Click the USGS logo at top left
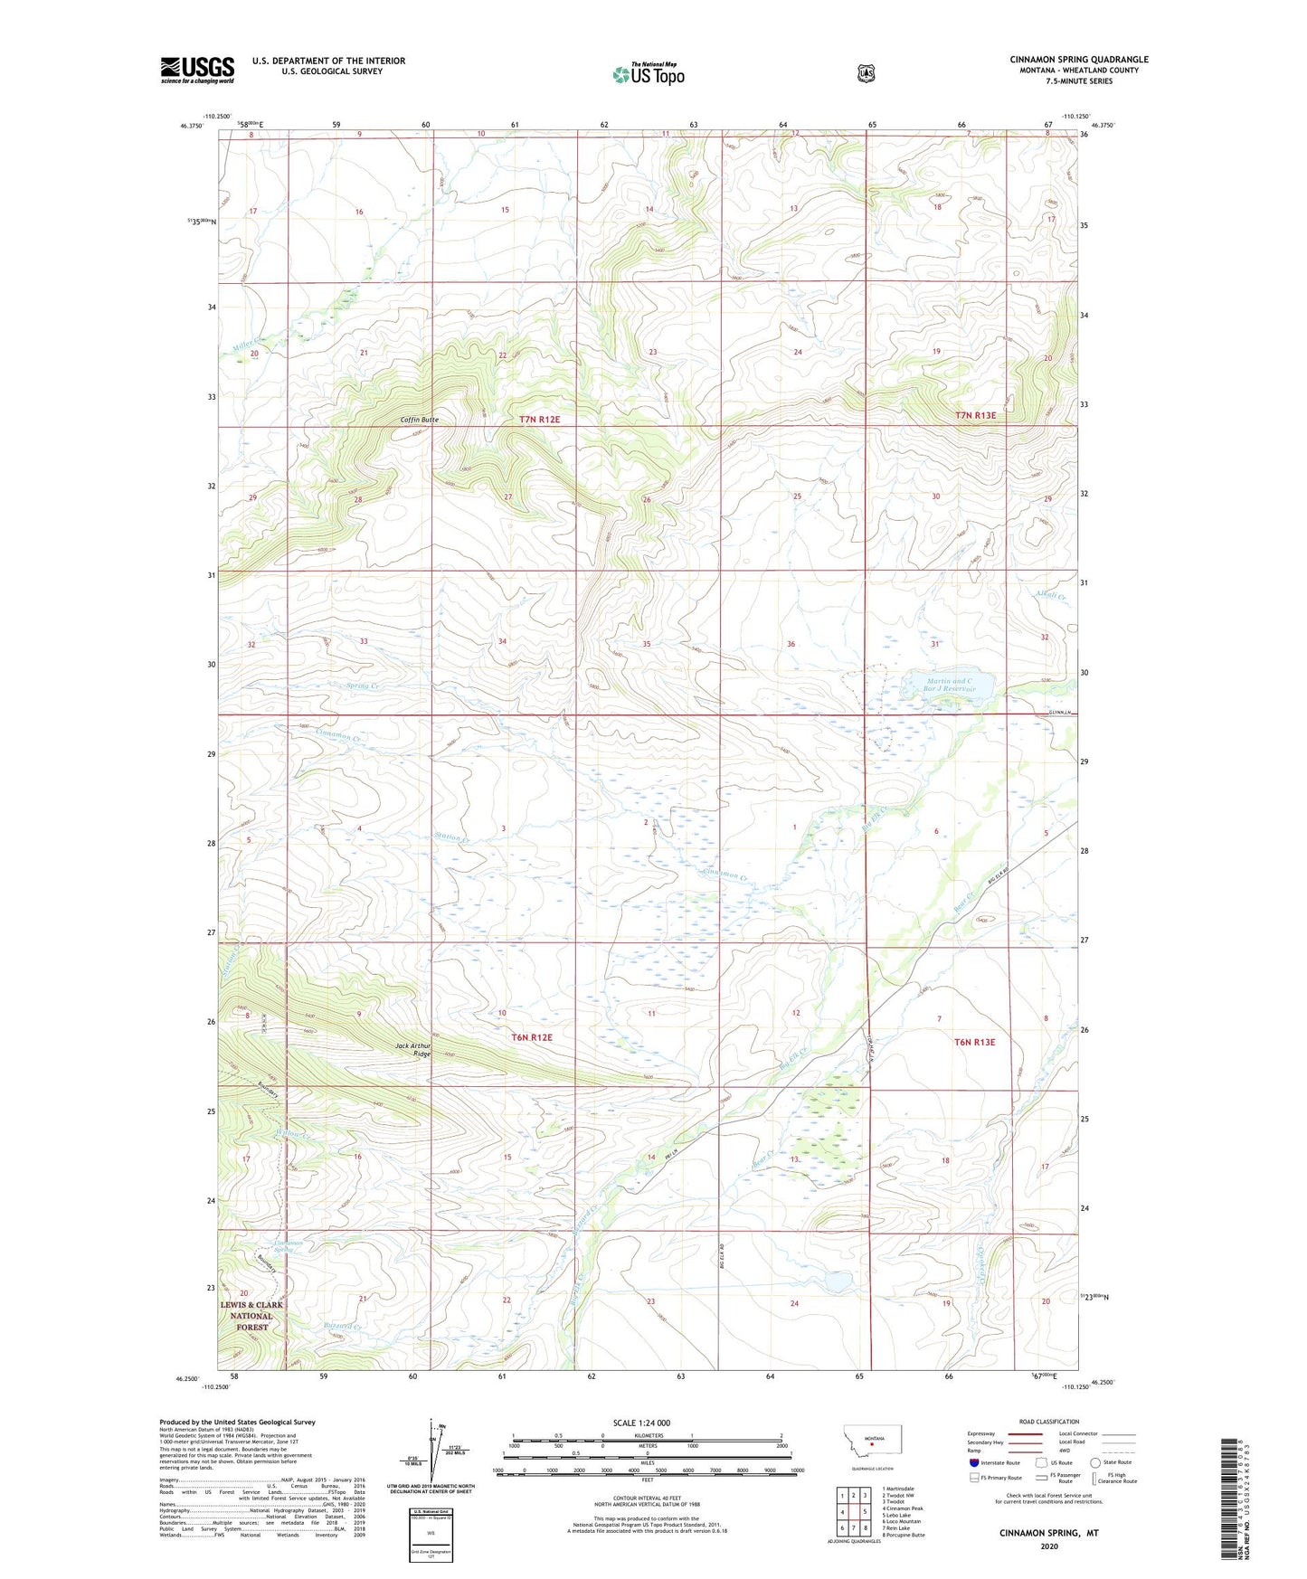tap(197, 70)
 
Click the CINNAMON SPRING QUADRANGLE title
tap(1078, 60)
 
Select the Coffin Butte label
tap(420, 420)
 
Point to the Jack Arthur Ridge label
tap(413, 1050)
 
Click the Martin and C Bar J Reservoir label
tap(950, 685)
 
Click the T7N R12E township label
tap(540, 420)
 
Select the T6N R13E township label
tap(974, 1042)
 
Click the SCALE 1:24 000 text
tap(641, 1423)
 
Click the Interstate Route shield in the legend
tap(973, 1462)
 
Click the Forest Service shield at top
tap(866, 73)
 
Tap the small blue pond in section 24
tap(835, 1281)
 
